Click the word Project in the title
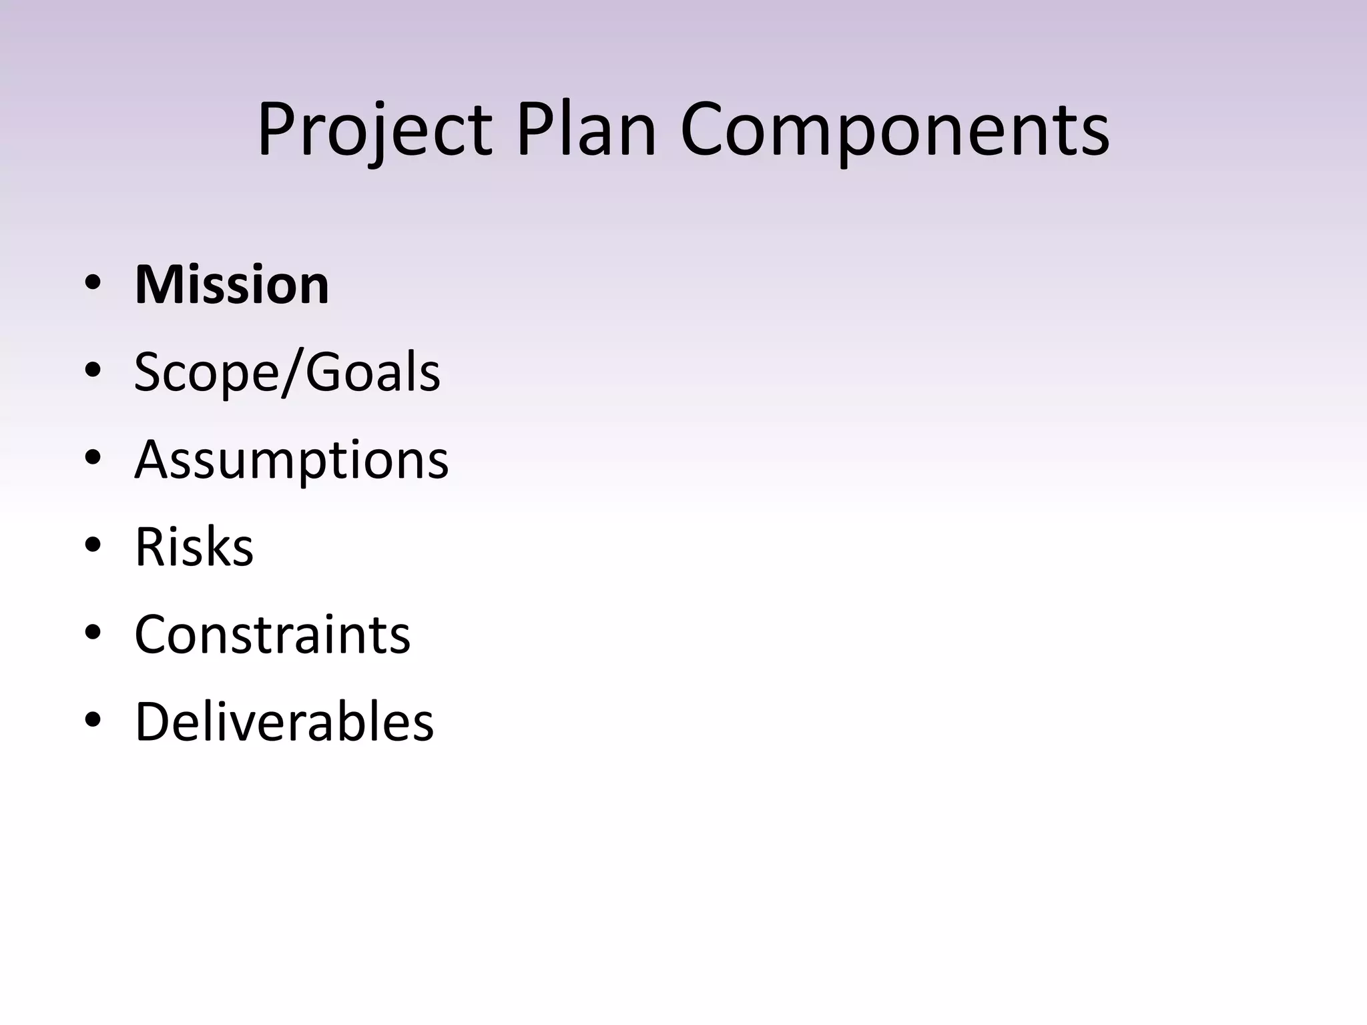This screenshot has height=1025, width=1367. coord(374,129)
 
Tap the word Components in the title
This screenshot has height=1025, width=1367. coord(895,129)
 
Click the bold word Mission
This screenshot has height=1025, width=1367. coord(232,285)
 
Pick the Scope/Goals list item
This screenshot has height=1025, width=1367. coord(287,372)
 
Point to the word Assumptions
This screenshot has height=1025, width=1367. coord(292,460)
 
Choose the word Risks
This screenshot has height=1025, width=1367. coord(194,547)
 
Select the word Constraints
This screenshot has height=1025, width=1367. coord(272,635)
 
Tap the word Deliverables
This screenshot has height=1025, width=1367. coord(284,722)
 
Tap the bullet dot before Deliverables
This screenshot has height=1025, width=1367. coord(93,720)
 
